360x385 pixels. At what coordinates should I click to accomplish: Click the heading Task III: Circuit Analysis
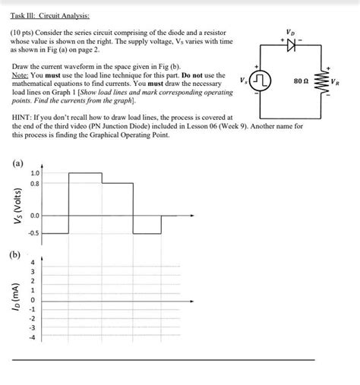click(x=46, y=15)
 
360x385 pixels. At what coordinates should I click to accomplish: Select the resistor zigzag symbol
click(x=321, y=80)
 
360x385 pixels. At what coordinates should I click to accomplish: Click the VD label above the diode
click(x=289, y=33)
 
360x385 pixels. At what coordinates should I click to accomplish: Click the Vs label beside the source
click(x=242, y=80)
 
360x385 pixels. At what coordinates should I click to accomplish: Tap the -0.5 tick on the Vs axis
click(x=34, y=233)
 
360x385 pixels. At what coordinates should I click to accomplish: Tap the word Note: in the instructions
click(x=21, y=76)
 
